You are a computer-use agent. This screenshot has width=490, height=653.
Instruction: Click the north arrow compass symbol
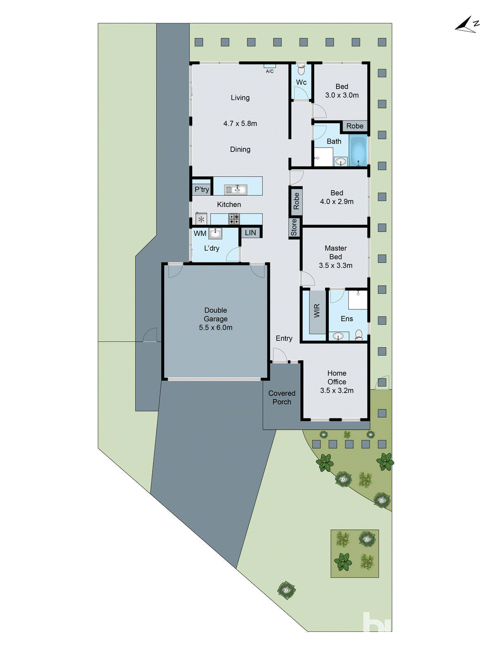pyautogui.click(x=467, y=25)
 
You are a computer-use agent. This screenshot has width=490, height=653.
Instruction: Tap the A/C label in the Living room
pyautogui.click(x=269, y=71)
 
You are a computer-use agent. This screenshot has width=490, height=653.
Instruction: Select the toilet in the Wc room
pyautogui.click(x=301, y=70)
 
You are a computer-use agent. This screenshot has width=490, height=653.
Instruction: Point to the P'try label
pyautogui.click(x=202, y=189)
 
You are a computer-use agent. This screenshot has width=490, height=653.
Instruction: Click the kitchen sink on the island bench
pyautogui.click(x=236, y=189)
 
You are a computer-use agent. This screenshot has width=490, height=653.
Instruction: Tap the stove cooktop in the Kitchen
pyautogui.click(x=234, y=219)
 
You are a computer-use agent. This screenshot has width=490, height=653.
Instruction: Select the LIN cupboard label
pyautogui.click(x=250, y=233)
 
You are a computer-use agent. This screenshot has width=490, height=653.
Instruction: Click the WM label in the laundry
pyautogui.click(x=200, y=233)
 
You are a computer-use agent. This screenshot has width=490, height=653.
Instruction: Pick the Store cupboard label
pyautogui.click(x=294, y=227)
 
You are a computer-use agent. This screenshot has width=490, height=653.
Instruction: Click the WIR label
pyautogui.click(x=317, y=311)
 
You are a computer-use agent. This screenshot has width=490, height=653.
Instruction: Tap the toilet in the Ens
pyautogui.click(x=359, y=335)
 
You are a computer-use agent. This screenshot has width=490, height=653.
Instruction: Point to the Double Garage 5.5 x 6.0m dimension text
pyautogui.click(x=216, y=327)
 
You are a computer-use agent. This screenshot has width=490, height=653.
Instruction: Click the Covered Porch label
pyautogui.click(x=282, y=398)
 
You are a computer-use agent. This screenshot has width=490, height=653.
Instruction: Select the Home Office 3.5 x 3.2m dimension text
pyautogui.click(x=337, y=390)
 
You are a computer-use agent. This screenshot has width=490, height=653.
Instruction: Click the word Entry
pyautogui.click(x=284, y=338)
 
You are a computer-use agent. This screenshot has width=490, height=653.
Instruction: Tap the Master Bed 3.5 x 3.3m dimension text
pyautogui.click(x=336, y=265)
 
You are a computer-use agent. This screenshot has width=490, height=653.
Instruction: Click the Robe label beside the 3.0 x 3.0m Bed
pyautogui.click(x=354, y=126)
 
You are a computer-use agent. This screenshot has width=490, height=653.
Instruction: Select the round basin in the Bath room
pyautogui.click(x=341, y=162)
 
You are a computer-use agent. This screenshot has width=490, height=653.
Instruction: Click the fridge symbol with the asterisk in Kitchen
pyautogui.click(x=201, y=219)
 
